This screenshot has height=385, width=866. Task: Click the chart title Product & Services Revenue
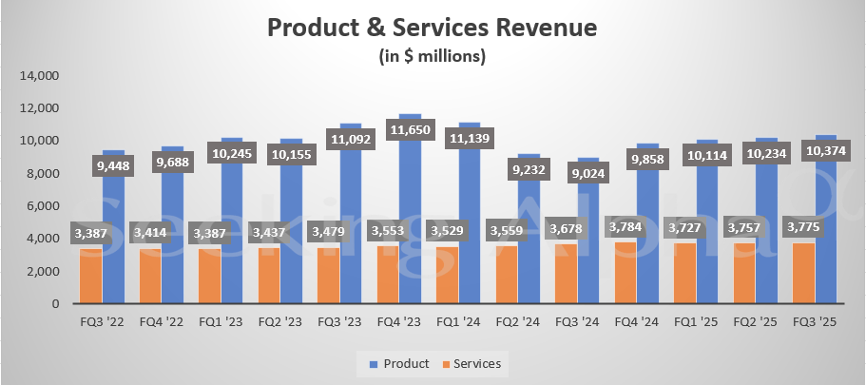433,28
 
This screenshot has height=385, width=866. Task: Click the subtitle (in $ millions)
433,57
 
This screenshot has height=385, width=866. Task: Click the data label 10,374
827,150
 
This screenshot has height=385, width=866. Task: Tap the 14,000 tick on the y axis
40,75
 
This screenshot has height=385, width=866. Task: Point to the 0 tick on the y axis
55,303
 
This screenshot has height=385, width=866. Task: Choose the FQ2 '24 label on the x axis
517,323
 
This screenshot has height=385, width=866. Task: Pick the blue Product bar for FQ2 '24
529,257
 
